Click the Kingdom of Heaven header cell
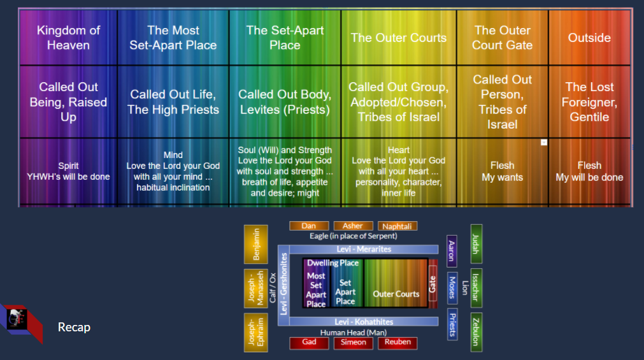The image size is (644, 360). pyautogui.click(x=68, y=38)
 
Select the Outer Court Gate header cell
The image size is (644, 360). pyautogui.click(x=503, y=38)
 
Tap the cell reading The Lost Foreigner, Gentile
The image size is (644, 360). pyautogui.click(x=589, y=102)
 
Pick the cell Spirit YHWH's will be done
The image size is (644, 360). pyautogui.click(x=68, y=171)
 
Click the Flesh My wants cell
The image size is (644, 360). pyautogui.click(x=503, y=171)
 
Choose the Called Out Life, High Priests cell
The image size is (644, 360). pyautogui.click(x=173, y=102)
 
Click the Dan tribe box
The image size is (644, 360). pyautogui.click(x=309, y=226)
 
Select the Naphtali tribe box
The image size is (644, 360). pyautogui.click(x=397, y=226)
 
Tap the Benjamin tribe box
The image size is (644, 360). pyautogui.click(x=255, y=244)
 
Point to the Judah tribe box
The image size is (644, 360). pyautogui.click(x=476, y=244)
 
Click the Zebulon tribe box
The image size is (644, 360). pyautogui.click(x=476, y=331)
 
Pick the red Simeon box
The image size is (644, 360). pyautogui.click(x=353, y=343)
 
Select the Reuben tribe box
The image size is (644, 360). pyautogui.click(x=397, y=343)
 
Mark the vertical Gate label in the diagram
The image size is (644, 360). pyautogui.click(x=433, y=284)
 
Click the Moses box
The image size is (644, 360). pyautogui.click(x=452, y=285)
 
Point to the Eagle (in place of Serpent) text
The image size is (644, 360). pyautogui.click(x=353, y=236)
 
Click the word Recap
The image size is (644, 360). pyautogui.click(x=74, y=328)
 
